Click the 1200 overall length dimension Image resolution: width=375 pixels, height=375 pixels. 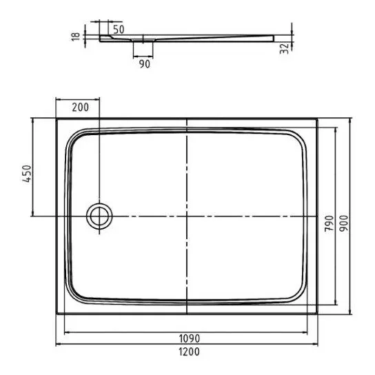coord(189,352)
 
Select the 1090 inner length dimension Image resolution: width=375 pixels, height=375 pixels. coord(189,338)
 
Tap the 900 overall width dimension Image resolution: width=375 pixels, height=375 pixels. coord(344,223)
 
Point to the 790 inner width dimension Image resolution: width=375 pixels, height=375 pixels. coord(329,223)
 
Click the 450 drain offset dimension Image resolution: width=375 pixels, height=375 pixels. coord(27,174)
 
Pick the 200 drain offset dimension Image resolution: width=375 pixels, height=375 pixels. coord(81,108)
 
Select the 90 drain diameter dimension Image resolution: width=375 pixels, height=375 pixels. coord(145,64)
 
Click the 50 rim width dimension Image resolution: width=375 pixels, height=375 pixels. coord(119,30)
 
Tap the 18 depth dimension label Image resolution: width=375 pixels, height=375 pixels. coord(76,36)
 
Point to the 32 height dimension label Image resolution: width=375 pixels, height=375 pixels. coord(285,49)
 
